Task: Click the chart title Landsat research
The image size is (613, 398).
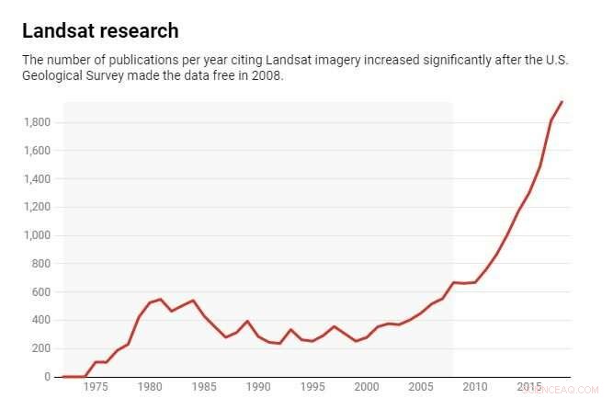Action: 100,31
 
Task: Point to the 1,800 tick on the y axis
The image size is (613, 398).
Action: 37,122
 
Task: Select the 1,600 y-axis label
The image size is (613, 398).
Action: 37,151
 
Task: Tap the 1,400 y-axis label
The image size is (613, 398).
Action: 37,179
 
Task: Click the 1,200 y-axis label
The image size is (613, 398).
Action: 37,207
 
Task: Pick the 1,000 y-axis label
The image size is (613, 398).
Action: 37,235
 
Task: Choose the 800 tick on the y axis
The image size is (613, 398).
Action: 41,264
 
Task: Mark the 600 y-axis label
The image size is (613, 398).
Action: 41,292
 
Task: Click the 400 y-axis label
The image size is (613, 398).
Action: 41,321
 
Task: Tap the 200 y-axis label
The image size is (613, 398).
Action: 41,349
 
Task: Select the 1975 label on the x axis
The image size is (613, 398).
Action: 96,387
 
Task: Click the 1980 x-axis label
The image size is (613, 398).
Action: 150,387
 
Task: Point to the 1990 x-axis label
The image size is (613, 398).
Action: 258,387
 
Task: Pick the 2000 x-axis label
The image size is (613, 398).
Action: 366,387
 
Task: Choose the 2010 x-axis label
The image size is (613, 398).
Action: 474,387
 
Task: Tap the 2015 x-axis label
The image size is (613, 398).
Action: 528,387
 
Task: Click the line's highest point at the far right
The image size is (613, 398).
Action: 562,102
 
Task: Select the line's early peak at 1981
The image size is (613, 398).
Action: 161,299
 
